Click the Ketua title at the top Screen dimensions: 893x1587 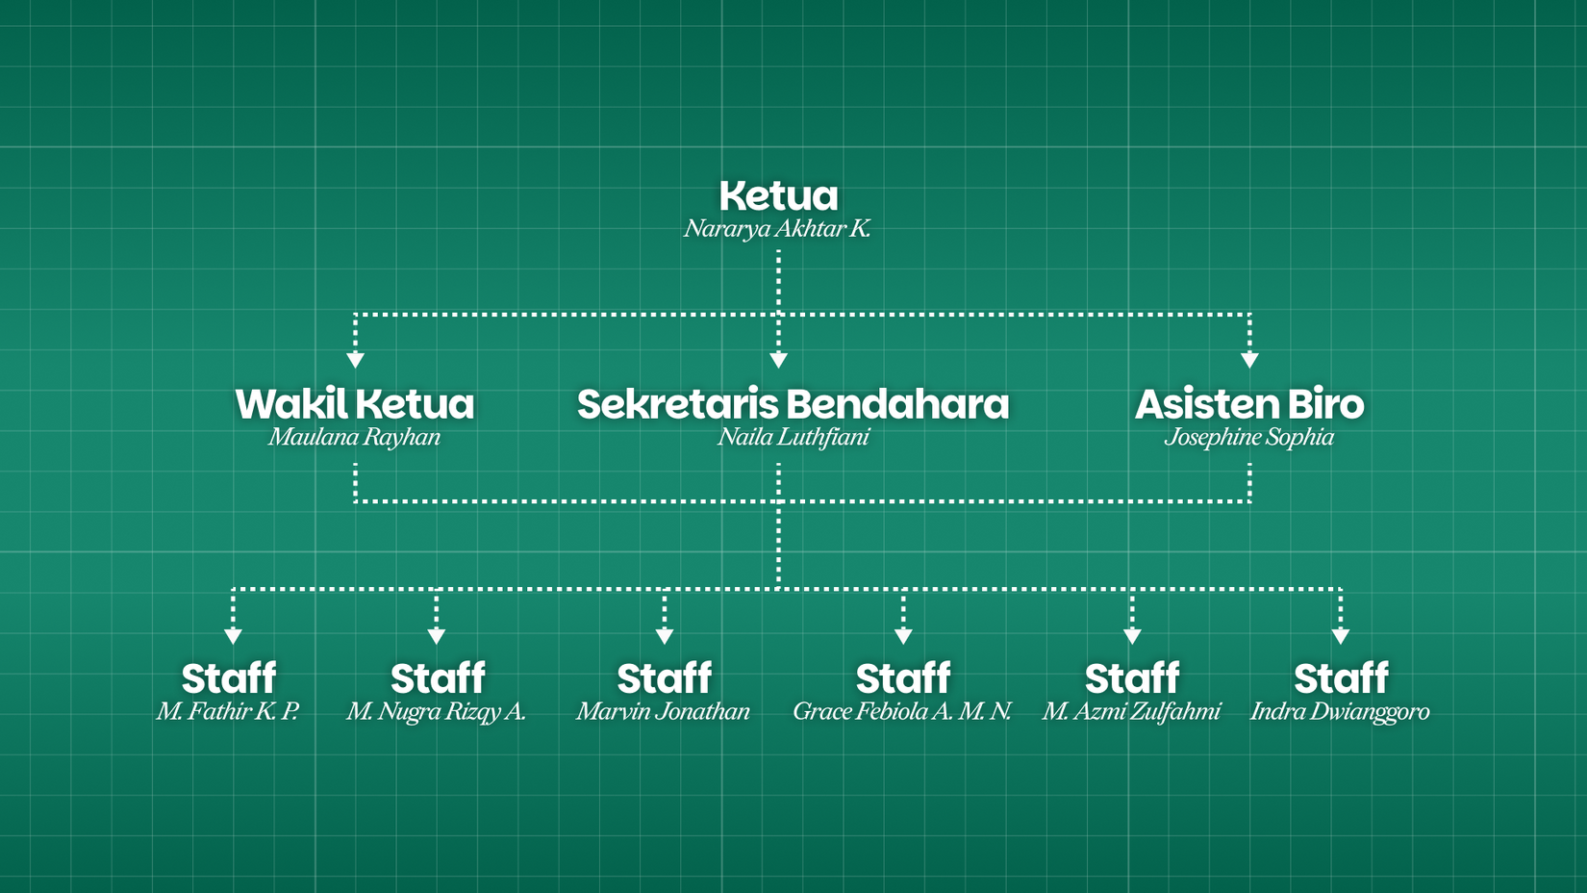pos(778,196)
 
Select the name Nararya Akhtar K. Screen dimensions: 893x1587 pos(777,229)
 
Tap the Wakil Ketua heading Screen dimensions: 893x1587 pos(355,404)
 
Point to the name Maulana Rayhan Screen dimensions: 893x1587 pos(355,437)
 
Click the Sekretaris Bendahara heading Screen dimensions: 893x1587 pos(793,404)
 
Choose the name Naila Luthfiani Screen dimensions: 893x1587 pos(793,437)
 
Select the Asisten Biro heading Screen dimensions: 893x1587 pos(1249,404)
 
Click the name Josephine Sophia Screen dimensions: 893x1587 pos(1249,437)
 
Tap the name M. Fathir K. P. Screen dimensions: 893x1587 pos(228,711)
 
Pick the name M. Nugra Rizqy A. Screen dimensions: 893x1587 pos(436,711)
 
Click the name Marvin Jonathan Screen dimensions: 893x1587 pos(663,711)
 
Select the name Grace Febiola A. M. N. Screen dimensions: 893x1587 pos(902,711)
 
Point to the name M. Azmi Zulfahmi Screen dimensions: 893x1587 pos(1131,711)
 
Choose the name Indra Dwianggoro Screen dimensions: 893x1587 pos(1340,711)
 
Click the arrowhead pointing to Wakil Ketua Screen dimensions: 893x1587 pos(355,360)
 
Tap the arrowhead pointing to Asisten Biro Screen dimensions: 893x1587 pos(1249,360)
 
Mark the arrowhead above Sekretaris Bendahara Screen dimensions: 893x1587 pos(779,360)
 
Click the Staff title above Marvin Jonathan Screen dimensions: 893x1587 pos(664,678)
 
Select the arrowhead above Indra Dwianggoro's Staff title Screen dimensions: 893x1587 pos(1341,636)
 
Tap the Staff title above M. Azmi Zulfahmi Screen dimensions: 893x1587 pos(1132,678)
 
